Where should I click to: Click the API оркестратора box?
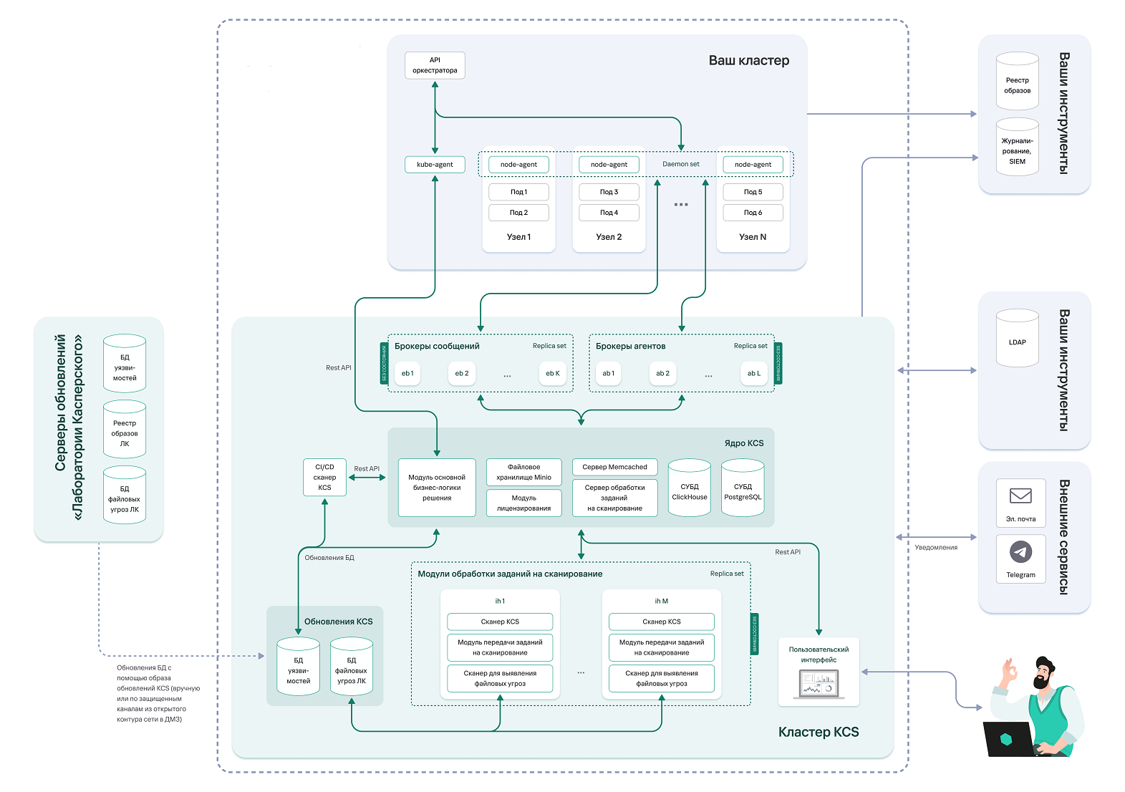coord(435,65)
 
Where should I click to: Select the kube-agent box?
coord(435,165)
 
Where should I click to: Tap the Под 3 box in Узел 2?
coord(609,192)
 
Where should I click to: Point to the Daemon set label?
coord(680,164)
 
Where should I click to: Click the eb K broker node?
coord(552,373)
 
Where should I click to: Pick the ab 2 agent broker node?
coord(662,373)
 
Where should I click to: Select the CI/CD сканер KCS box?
coord(324,478)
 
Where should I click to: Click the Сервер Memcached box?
coord(614,467)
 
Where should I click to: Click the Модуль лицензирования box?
coord(523,503)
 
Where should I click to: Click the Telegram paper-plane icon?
coord(1020,551)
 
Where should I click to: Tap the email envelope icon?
coord(1020,496)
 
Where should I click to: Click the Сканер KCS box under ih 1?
coord(500,622)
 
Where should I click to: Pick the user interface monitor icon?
coord(819,683)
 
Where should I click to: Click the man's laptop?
coord(1008,739)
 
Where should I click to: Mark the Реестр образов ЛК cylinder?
coord(125,430)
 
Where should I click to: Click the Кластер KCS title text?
coord(818,732)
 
